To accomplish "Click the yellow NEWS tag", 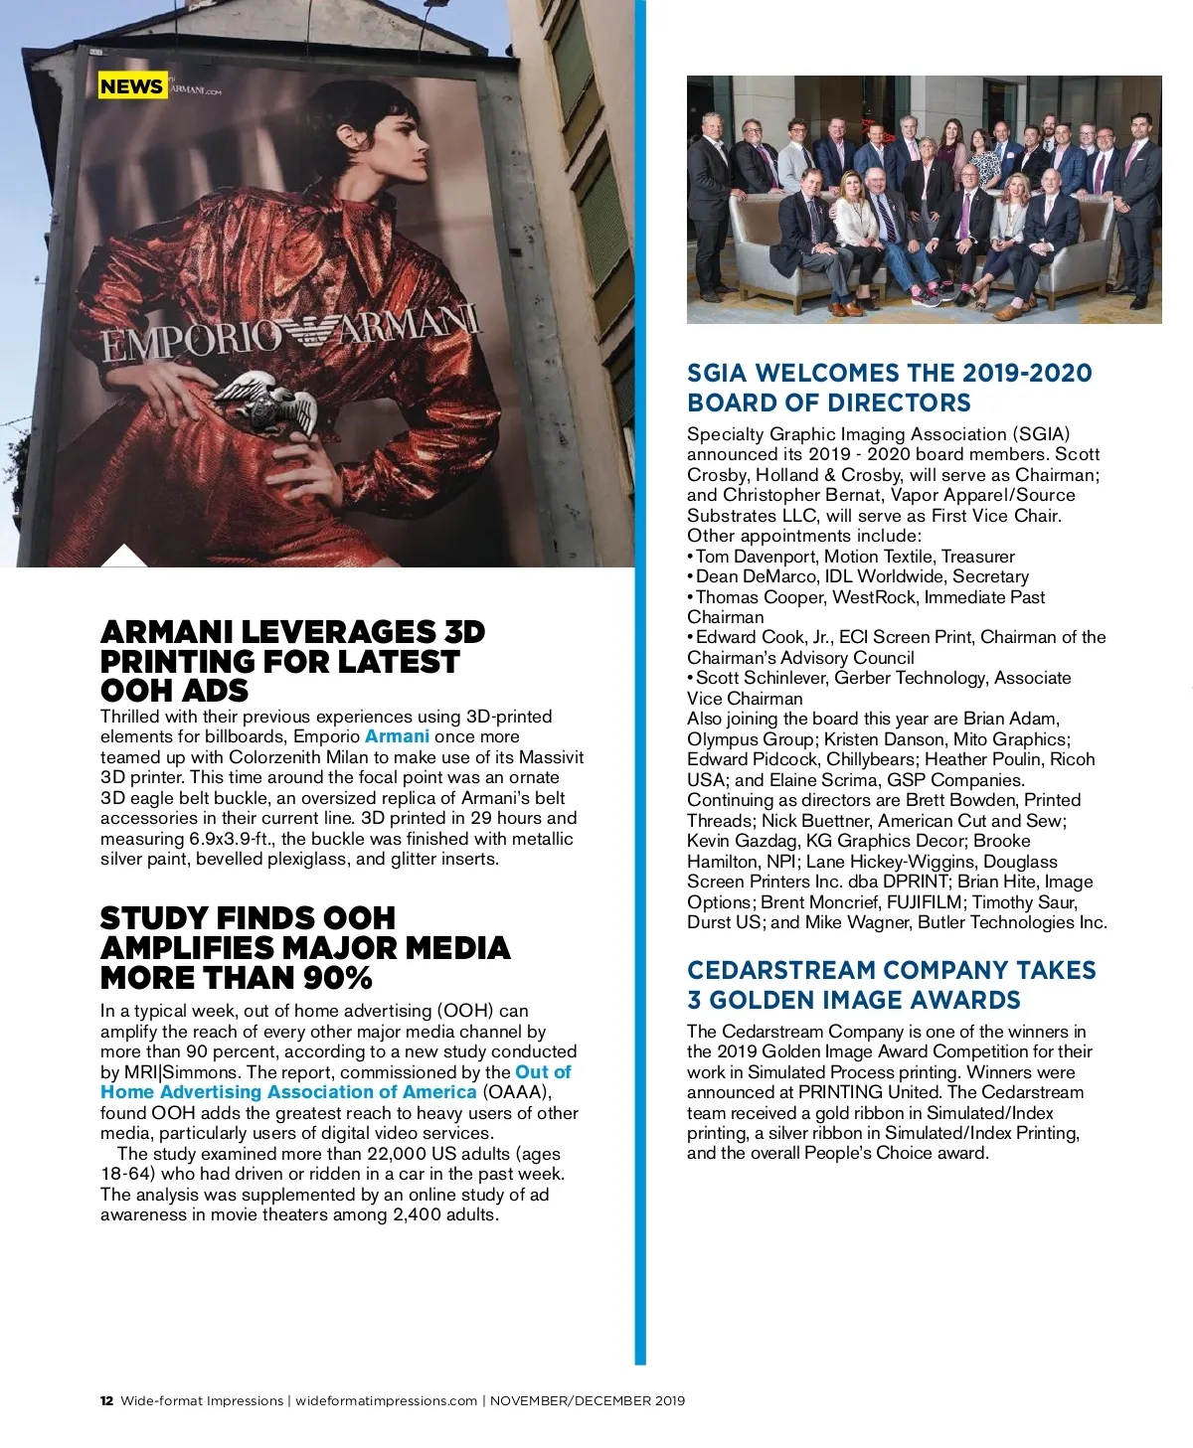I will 131,86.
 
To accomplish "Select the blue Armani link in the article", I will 398,736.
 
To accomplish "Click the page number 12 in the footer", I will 106,1401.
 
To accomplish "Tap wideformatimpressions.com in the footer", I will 387,1401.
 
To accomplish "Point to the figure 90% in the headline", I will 338,978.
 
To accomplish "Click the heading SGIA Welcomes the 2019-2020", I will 889,374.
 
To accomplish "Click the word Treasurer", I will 978,557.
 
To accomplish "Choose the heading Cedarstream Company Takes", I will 891,970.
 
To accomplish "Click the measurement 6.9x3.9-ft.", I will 232,839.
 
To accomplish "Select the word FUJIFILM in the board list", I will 925,902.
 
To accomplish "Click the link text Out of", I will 543,1072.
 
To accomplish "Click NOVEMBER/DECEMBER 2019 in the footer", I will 588,1401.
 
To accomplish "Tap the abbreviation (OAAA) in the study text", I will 515,1092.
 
